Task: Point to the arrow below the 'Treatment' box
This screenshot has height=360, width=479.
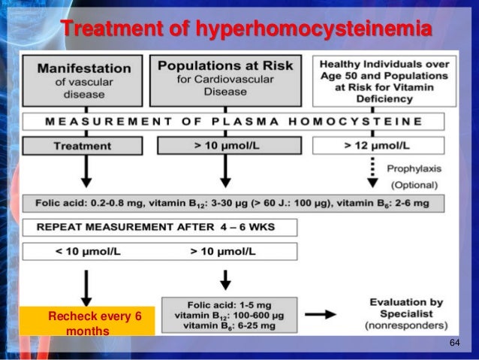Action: pos(87,174)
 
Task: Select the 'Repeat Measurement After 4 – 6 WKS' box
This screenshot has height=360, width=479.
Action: pos(159,227)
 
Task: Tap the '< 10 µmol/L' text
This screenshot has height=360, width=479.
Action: pos(87,250)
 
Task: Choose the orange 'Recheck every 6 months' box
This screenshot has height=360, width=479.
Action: pos(87,322)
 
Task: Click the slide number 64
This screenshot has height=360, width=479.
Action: pos(454,343)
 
